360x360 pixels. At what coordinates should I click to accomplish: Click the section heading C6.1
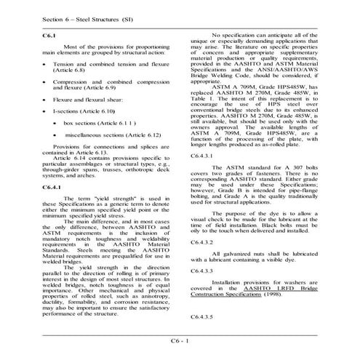point(49,36)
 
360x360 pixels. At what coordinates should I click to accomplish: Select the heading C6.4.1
point(53,188)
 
